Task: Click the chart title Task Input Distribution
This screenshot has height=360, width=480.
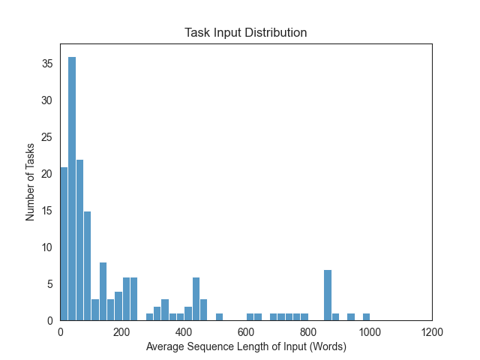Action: click(246, 33)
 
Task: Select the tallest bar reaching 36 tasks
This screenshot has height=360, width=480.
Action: click(72, 188)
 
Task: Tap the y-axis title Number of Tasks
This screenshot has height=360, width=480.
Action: click(31, 182)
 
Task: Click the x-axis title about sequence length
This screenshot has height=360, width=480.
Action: click(246, 346)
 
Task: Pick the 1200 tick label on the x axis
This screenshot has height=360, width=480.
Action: click(432, 330)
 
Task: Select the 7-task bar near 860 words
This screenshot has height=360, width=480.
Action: click(328, 295)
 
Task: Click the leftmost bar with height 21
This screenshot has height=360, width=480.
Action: click(64, 244)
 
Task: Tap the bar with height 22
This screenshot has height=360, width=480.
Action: click(79, 240)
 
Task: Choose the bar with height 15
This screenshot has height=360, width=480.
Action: click(87, 265)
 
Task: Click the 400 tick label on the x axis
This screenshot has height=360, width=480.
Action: click(184, 330)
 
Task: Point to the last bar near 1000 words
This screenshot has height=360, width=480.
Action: click(366, 317)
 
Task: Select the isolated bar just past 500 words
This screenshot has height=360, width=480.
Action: click(219, 317)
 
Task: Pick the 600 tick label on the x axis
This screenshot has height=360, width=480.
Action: click(246, 330)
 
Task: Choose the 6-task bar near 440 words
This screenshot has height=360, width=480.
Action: click(196, 298)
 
